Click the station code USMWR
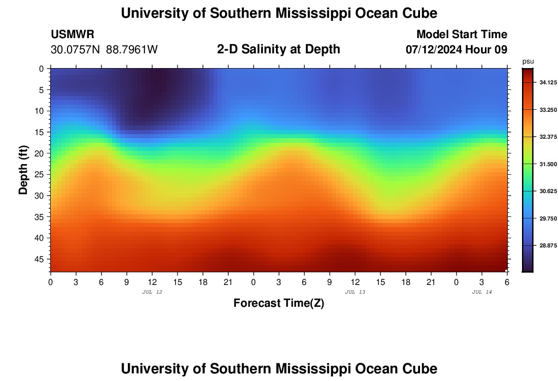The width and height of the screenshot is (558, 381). [73, 35]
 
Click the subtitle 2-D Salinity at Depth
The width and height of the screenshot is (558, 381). [278, 49]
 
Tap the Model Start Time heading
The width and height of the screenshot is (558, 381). [462, 35]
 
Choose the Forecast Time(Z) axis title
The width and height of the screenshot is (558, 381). [278, 303]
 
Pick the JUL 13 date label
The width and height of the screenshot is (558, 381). [355, 292]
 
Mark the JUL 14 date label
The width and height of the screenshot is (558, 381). [482, 292]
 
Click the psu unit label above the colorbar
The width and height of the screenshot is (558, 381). [528, 61]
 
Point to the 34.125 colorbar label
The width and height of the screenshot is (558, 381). [543, 82]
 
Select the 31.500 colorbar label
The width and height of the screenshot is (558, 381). [543, 164]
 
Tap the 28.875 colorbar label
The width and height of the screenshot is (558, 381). [543, 246]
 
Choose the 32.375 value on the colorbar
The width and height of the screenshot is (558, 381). [543, 137]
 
